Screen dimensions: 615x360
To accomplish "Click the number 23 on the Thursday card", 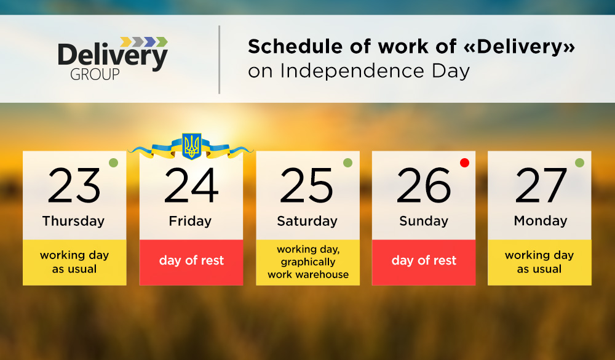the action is [x=74, y=185].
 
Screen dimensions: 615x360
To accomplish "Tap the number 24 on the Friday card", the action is [x=191, y=185].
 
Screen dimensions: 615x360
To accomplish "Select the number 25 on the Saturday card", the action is [x=306, y=185].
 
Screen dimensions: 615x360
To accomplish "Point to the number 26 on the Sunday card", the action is [x=424, y=185].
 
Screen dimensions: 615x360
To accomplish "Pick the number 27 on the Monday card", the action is [x=541, y=185].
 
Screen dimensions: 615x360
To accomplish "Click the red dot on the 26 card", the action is [x=464, y=162].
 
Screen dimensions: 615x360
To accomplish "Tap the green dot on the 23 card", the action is [x=113, y=162].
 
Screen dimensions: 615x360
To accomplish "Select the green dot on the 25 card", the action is [x=347, y=162].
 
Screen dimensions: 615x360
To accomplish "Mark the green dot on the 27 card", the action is [x=579, y=162].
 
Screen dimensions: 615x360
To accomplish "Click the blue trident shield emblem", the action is [x=192, y=146].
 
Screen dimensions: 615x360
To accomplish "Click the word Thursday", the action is [x=73, y=221].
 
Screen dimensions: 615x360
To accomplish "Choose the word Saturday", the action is [x=307, y=221].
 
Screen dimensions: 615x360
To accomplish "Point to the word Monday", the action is [x=541, y=221].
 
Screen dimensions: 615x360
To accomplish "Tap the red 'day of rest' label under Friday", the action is [x=191, y=262].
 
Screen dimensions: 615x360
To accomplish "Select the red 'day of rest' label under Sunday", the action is [x=424, y=262].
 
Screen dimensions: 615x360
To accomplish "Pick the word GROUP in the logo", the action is [x=95, y=74].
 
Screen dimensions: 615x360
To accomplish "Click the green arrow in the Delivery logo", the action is [x=162, y=42].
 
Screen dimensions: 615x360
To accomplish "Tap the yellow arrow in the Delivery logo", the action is [x=126, y=42].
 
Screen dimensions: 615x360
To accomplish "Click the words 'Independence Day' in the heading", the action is [x=375, y=71].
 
